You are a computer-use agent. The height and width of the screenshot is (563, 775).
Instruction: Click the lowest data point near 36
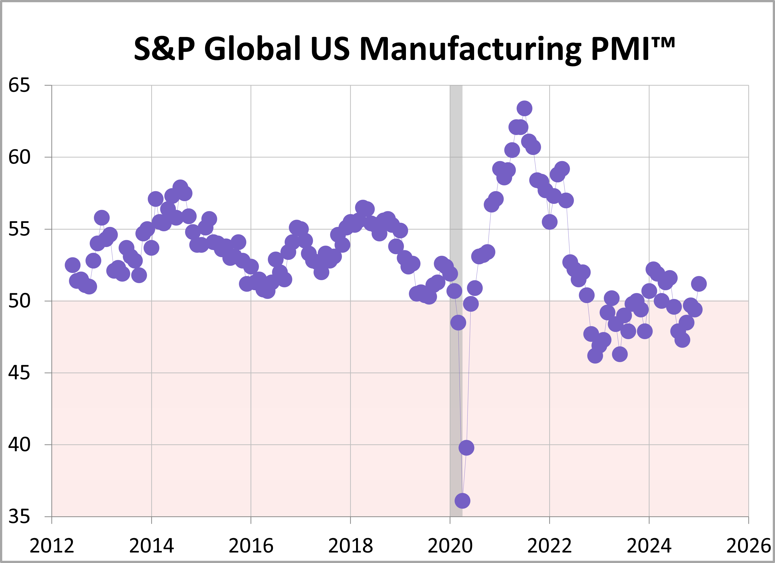(462, 501)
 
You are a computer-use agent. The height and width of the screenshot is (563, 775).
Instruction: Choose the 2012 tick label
(52, 545)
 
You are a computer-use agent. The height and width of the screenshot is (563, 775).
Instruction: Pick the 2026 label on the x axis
(748, 545)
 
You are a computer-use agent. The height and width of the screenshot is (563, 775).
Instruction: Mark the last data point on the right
(699, 284)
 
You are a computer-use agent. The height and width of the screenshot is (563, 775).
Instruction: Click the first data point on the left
(72, 265)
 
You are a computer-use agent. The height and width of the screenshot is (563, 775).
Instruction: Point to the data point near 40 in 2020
(466, 447)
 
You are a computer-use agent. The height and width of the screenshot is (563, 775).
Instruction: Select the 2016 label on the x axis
(251, 545)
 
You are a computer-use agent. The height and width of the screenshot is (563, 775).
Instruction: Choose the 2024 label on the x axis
(649, 545)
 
